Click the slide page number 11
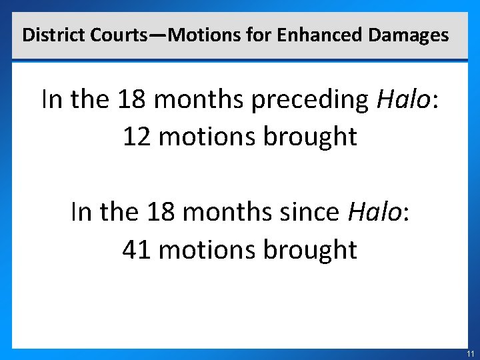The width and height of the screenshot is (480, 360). (x=470, y=353)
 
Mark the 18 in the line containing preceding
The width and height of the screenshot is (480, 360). (x=131, y=100)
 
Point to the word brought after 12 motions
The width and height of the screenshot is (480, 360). (x=310, y=137)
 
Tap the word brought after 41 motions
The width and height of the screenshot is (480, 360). (x=310, y=250)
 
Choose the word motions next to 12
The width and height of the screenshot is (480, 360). (x=207, y=137)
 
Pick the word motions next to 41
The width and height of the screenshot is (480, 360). (x=207, y=250)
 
